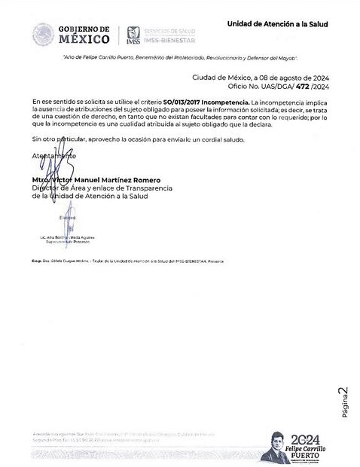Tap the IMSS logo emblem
(x=133, y=34)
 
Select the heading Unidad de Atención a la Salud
(x=277, y=24)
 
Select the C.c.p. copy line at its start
(x=36, y=258)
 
